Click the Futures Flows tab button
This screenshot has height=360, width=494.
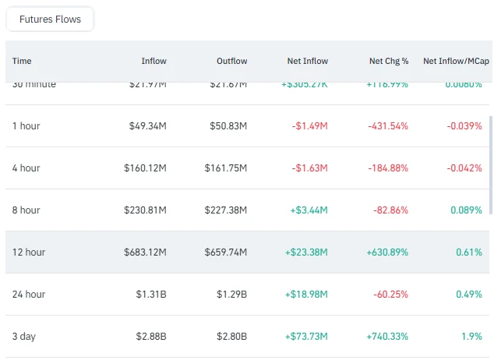[50, 19]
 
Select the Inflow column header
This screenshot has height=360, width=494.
[153, 61]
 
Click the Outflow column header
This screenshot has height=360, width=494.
[232, 61]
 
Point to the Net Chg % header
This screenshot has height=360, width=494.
[389, 61]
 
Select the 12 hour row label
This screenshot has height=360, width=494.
[29, 252]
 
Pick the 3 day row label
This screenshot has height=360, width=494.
[24, 337]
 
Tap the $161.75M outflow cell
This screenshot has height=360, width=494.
[225, 168]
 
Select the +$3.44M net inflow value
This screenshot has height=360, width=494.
[306, 210]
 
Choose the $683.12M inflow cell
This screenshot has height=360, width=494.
[145, 252]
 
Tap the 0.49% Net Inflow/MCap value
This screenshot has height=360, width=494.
[468, 295]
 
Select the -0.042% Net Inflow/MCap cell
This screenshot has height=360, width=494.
[462, 168]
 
